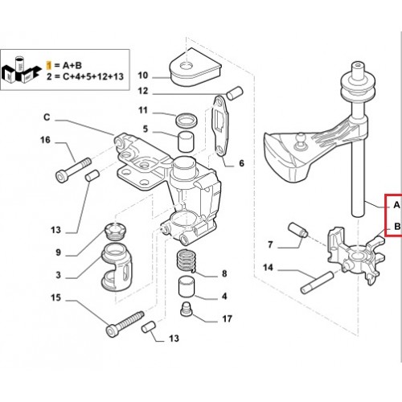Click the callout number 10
coord(143,76)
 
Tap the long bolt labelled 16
coord(73,170)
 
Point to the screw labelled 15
coord(125,323)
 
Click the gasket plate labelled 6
coord(220,126)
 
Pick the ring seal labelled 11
coord(187,120)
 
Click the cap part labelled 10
coord(195,68)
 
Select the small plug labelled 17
coord(186,309)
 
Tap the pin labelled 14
coord(317,282)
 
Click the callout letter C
coord(47,117)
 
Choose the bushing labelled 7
coord(297,230)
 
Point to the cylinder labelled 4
coord(187,287)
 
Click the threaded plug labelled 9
coord(115,231)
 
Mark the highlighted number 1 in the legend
coord(48,65)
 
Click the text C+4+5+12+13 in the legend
coord(93,76)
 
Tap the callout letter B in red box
coord(397,227)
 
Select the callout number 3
coord(58,275)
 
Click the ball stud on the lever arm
coord(298,142)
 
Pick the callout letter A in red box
coord(396,205)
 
